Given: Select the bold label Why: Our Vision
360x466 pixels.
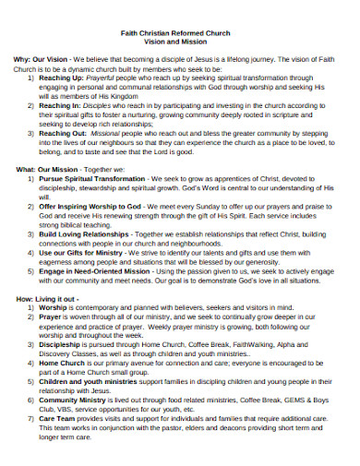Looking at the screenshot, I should [x=41, y=59].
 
